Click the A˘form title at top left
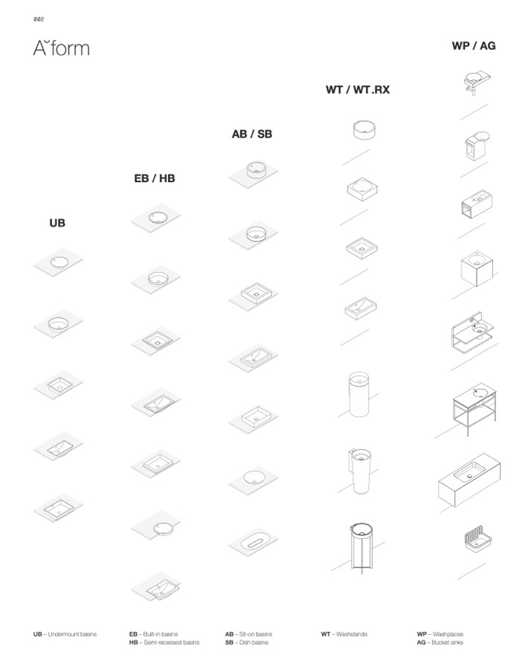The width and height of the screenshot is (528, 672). pyautogui.click(x=61, y=49)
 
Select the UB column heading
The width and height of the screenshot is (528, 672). pyautogui.click(x=57, y=222)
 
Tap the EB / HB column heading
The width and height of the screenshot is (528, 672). pyautogui.click(x=155, y=178)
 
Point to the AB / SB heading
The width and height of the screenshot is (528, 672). pyautogui.click(x=252, y=134)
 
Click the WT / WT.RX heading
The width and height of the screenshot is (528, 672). pyautogui.click(x=358, y=90)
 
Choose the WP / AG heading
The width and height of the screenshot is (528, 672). pyautogui.click(x=474, y=45)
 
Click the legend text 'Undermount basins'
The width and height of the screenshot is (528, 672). pyautogui.click(x=71, y=634)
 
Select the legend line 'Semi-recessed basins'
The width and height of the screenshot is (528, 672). pyautogui.click(x=170, y=642)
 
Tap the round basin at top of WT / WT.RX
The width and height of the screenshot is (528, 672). pyautogui.click(x=364, y=130)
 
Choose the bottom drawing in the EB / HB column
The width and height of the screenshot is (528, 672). pyautogui.click(x=157, y=587)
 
